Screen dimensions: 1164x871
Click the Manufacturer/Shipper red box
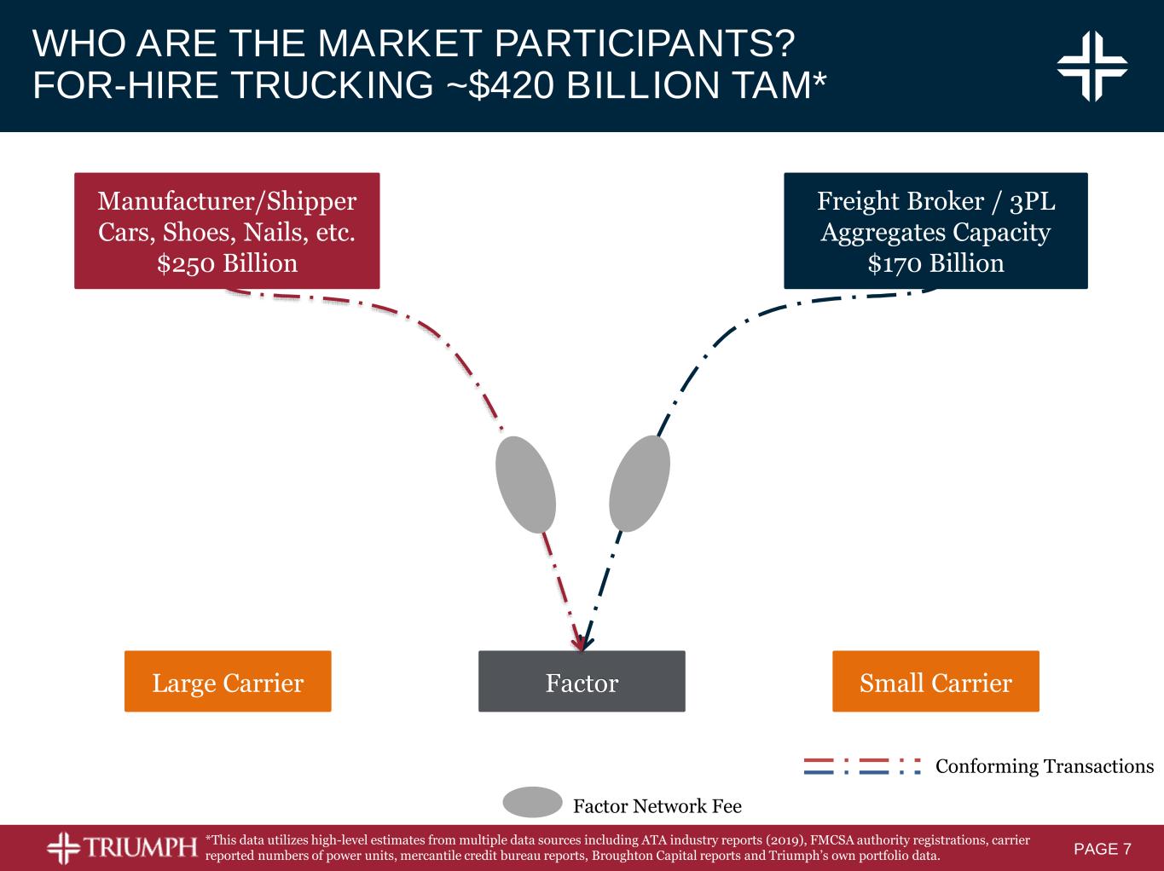point(227,230)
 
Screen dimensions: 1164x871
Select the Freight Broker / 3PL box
point(936,230)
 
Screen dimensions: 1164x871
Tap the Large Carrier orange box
point(228,681)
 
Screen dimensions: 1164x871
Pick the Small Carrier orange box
point(936,681)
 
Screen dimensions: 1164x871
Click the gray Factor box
point(582,681)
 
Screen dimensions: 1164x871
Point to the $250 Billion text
point(227,264)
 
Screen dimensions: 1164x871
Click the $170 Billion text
point(936,264)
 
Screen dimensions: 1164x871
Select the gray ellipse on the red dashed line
point(525,484)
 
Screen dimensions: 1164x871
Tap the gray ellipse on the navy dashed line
point(640,483)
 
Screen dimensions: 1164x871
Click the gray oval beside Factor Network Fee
point(532,802)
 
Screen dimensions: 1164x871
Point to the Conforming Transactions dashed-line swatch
point(863,766)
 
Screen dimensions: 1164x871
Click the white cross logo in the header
point(1092,66)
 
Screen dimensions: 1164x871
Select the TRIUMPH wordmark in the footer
point(140,847)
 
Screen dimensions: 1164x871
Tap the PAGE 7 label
point(1103,849)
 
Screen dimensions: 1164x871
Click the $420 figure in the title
point(512,85)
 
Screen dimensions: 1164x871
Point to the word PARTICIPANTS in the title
point(645,43)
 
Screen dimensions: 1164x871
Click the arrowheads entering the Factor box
point(582,642)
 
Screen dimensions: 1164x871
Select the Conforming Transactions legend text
point(1045,767)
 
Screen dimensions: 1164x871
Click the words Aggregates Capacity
point(936,233)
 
